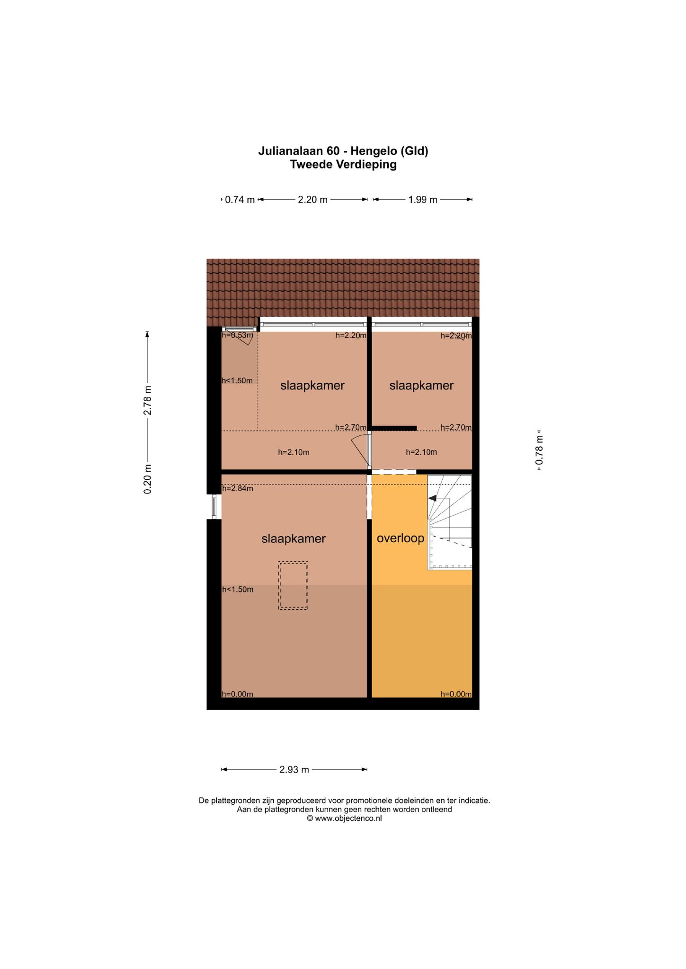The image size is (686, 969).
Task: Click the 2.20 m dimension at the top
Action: click(312, 200)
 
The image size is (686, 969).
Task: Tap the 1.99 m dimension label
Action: click(423, 200)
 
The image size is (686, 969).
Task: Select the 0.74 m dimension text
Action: click(240, 200)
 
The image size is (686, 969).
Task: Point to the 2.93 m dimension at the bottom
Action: click(294, 770)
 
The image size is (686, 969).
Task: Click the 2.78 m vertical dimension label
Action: click(148, 400)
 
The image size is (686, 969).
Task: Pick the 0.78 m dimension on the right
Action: click(539, 449)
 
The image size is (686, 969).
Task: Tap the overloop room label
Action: click(401, 538)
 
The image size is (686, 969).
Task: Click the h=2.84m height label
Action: click(238, 488)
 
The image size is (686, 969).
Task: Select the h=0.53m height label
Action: click(238, 335)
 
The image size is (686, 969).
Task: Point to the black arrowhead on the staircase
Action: click(432, 498)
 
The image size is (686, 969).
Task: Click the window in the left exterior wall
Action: click(214, 507)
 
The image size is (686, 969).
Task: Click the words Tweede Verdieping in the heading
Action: click(343, 165)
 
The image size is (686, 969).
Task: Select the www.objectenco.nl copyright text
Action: click(344, 818)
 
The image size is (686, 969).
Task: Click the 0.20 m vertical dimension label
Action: click(148, 479)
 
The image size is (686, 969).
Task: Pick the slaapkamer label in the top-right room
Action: click(421, 386)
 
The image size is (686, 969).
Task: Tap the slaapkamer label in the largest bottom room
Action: click(294, 538)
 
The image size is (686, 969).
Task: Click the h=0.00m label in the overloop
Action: click(456, 694)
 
